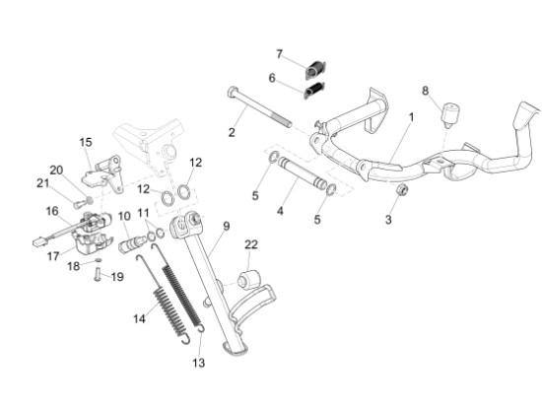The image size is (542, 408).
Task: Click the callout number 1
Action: (411, 117)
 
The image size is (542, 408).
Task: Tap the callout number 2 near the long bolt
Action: (233, 132)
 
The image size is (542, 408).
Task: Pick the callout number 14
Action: (139, 318)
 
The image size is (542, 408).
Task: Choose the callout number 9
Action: (226, 227)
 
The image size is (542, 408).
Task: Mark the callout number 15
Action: (86, 142)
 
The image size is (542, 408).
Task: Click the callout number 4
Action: (280, 210)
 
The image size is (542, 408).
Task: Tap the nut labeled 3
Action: (402, 189)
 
